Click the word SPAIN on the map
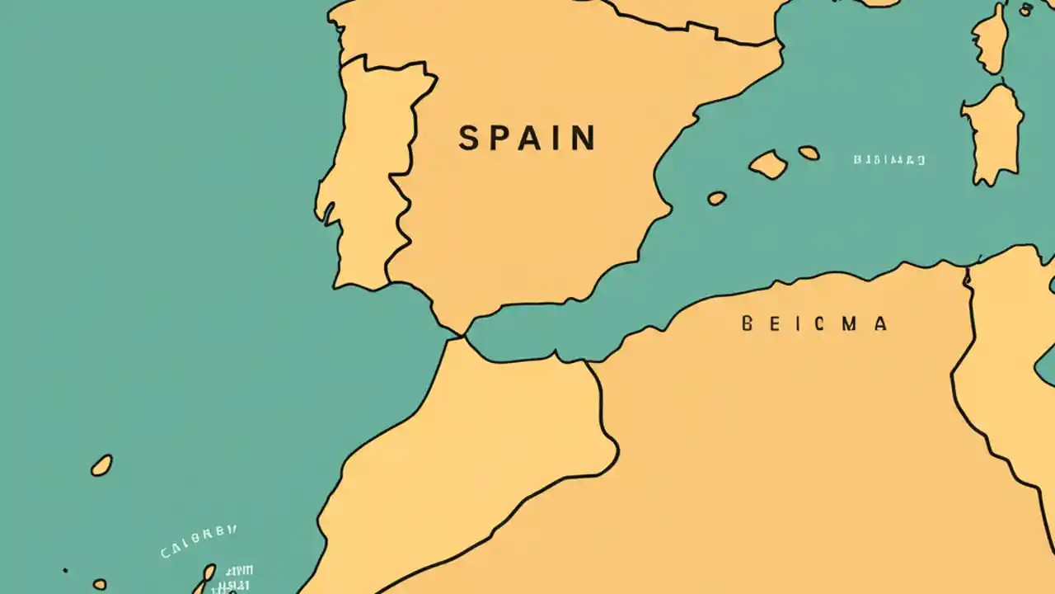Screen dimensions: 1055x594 tap(527, 139)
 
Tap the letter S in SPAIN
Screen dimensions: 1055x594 tap(468, 139)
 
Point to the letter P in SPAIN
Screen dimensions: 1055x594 tap(495, 139)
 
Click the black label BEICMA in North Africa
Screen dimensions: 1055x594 tap(814, 323)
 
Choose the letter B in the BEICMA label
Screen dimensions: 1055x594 tap(748, 323)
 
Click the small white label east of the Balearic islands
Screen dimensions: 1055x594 tap(889, 160)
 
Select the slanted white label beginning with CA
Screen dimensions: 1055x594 tap(199, 540)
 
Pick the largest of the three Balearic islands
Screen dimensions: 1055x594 tap(768, 164)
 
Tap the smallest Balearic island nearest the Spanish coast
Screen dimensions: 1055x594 tap(717, 198)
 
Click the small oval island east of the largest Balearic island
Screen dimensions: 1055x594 tap(809, 153)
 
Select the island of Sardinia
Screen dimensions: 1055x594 tap(994, 132)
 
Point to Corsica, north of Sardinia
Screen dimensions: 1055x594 tap(990, 37)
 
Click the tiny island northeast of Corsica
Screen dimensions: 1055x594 tap(1026, 10)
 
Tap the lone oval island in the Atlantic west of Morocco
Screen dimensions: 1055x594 tap(101, 465)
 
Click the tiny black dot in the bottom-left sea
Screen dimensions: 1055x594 tap(65, 570)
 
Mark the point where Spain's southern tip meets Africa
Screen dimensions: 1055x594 tap(461, 335)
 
